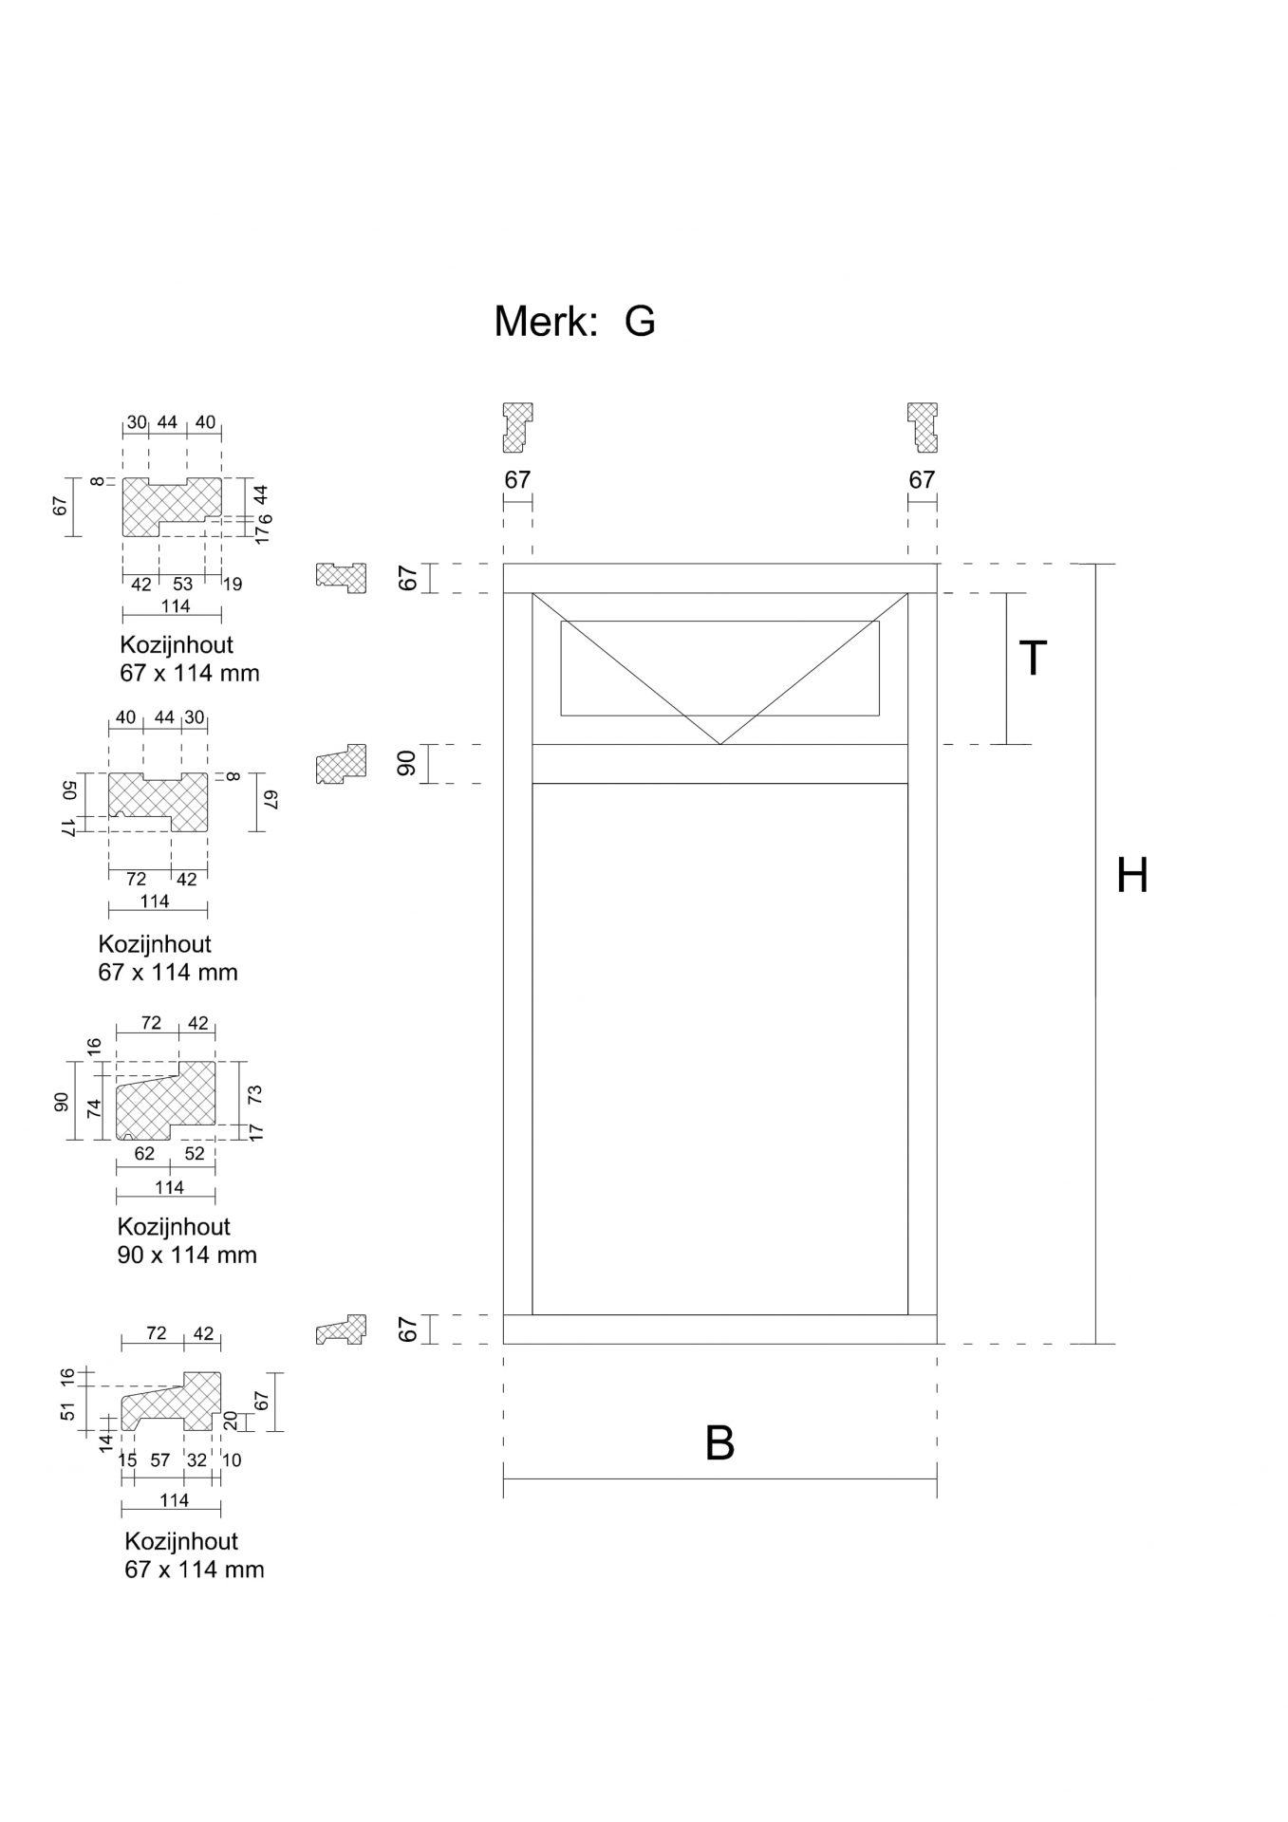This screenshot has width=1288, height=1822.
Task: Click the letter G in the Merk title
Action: pos(640,322)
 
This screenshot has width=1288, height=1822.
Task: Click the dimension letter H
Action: pos(1132,875)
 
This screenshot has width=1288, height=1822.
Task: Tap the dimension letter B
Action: pos(719,1443)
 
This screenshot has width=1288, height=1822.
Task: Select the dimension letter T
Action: pos(1033,658)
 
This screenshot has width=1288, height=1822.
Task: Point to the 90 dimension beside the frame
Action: pos(407,763)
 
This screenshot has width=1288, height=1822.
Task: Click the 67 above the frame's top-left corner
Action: pos(517,480)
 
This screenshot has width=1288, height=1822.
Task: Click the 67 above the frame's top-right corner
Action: pos(922,480)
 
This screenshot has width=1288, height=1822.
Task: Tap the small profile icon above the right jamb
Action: pos(923,427)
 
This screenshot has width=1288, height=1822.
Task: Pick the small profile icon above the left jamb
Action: pos(517,427)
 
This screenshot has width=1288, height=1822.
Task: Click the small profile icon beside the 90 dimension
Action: pos(341,764)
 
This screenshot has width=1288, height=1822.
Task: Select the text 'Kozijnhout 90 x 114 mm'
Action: pos(187,1240)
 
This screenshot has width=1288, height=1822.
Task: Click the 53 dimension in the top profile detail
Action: pos(182,584)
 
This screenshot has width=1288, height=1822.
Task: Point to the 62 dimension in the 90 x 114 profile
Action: pos(144,1154)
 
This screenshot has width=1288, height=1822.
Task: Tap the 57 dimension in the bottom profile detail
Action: pos(159,1460)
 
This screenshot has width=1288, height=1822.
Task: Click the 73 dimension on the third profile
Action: pos(254,1094)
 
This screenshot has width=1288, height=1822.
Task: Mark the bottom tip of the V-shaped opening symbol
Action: pos(720,744)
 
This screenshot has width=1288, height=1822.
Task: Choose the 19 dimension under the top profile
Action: pos(232,584)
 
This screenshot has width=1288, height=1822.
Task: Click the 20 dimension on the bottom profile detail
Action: pos(229,1421)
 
